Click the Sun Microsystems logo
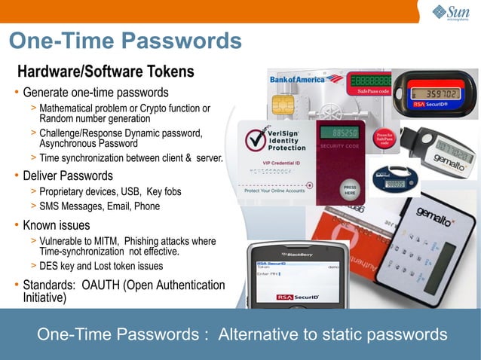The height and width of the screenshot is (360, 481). tap(451, 12)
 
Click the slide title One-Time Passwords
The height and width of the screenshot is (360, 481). tap(124, 41)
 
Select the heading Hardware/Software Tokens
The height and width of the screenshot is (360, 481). tap(106, 72)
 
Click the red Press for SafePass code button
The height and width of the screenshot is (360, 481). tap(384, 138)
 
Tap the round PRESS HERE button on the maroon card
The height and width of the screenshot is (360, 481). tap(350, 189)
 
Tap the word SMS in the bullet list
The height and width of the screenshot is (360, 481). tap(51, 206)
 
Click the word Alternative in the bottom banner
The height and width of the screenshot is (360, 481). tap(254, 334)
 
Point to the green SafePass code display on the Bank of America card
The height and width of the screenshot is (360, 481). tap(369, 79)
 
